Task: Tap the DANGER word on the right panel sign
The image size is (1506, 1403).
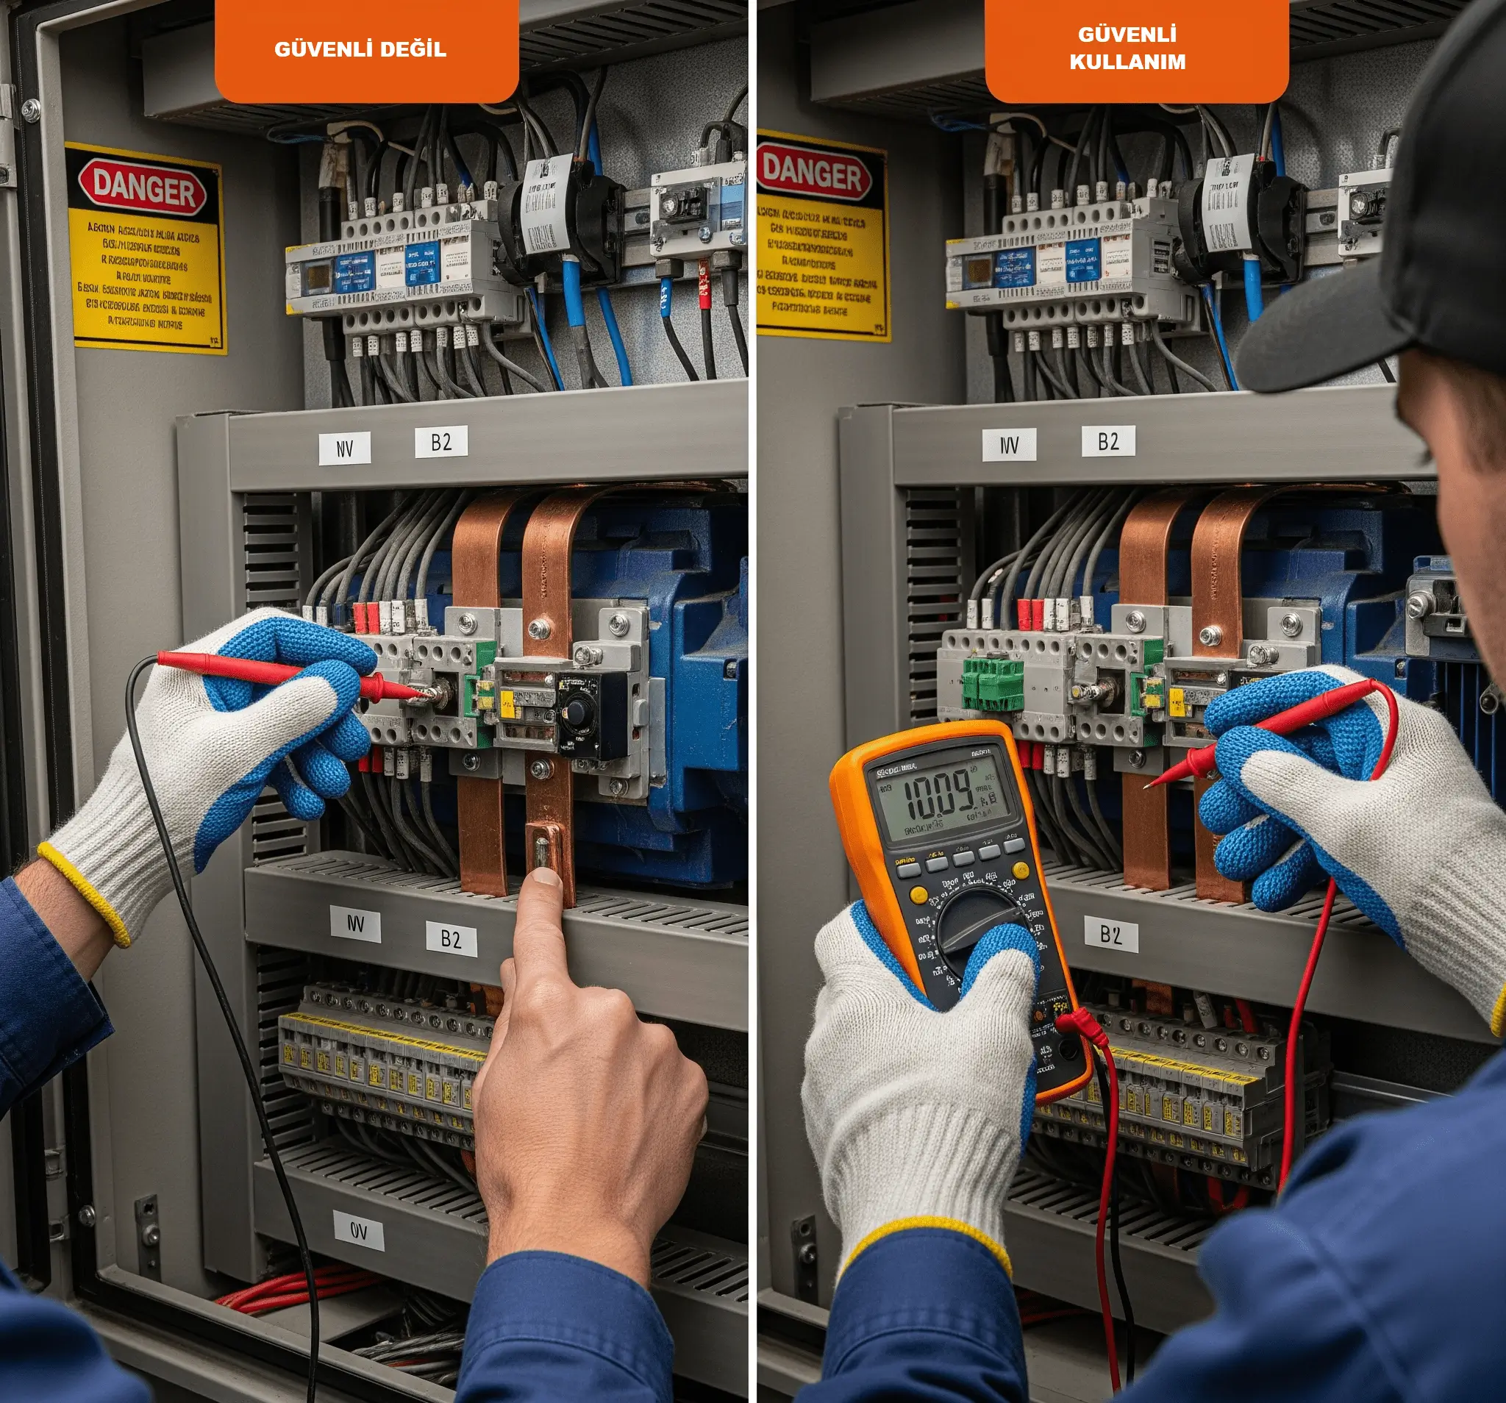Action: coord(812,174)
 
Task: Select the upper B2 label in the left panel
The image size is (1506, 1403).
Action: coord(441,443)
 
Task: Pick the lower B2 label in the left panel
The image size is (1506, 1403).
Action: coord(451,939)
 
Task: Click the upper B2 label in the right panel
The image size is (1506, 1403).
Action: coord(1107,442)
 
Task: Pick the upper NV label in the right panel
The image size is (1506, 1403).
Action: coord(1009,445)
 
